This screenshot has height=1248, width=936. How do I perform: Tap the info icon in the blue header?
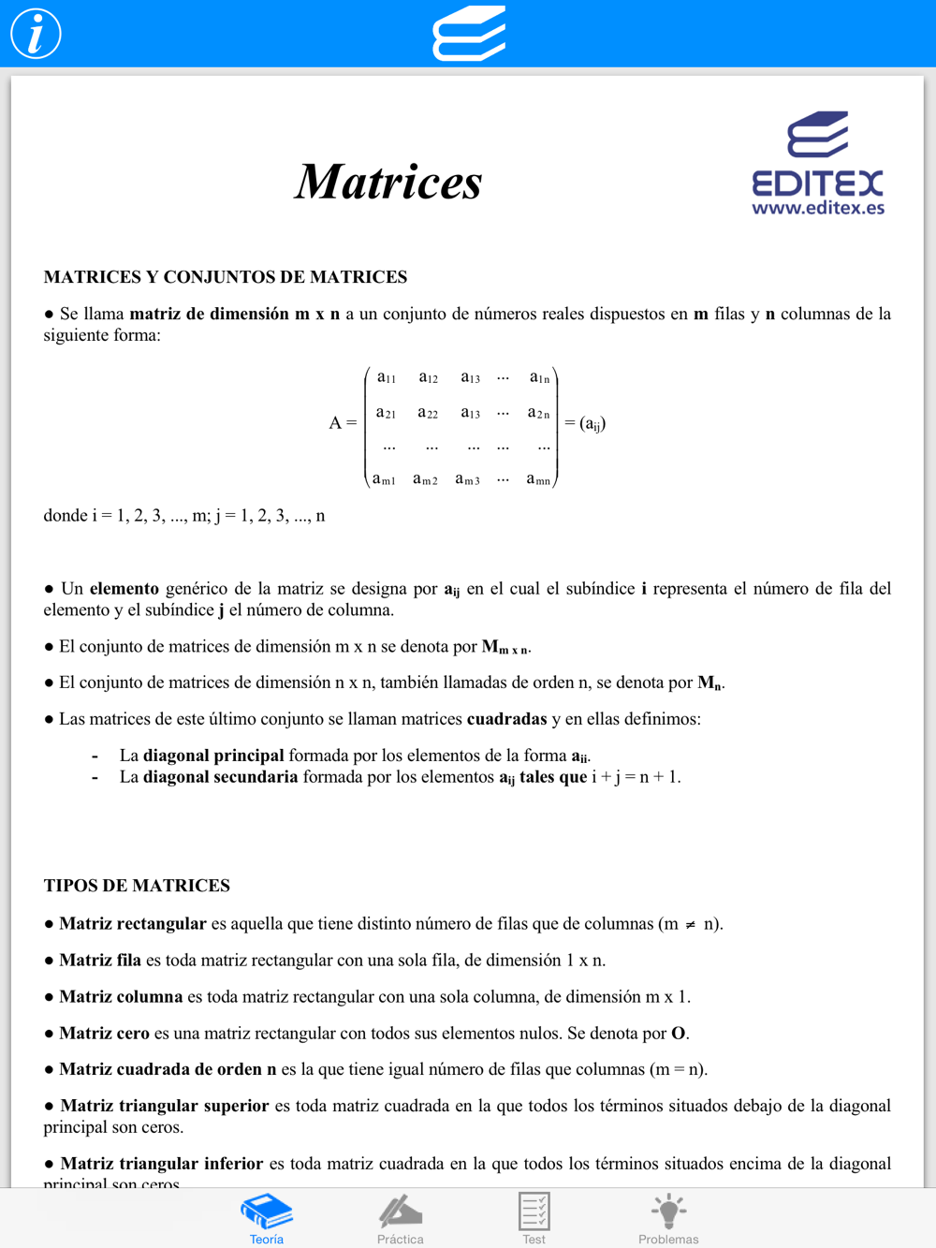[x=36, y=34]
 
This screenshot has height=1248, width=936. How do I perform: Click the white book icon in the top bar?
[x=469, y=34]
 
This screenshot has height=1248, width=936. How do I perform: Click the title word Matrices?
[x=388, y=182]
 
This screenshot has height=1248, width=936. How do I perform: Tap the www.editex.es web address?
[x=818, y=208]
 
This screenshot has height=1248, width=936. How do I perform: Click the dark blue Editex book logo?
[x=818, y=135]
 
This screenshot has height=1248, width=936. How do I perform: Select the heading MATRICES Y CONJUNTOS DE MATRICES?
[x=226, y=277]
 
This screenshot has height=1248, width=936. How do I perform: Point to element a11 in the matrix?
[x=387, y=377]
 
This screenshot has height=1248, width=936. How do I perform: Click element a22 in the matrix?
[x=428, y=413]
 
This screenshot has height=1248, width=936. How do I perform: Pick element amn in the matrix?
[x=538, y=479]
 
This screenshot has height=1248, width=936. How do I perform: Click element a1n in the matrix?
[x=539, y=377]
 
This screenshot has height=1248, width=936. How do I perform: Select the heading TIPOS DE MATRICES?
[x=137, y=886]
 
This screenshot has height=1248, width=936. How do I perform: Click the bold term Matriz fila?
[x=100, y=960]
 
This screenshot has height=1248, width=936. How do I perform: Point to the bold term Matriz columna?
[x=121, y=996]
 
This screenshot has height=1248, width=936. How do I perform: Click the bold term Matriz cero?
[x=104, y=1033]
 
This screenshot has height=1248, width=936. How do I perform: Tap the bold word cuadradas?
[x=506, y=719]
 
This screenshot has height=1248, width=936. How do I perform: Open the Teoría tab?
[x=267, y=1218]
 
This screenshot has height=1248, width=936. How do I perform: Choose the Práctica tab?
[x=401, y=1218]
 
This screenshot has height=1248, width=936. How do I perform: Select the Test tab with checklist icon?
[x=534, y=1218]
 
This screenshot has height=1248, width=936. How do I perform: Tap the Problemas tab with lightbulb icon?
[x=668, y=1218]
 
